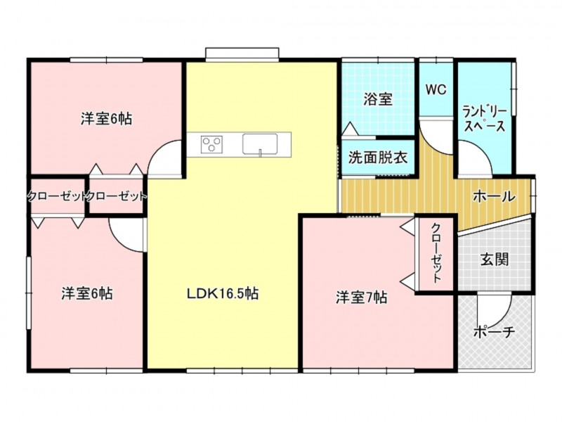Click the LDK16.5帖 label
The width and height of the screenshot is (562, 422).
(x=223, y=294)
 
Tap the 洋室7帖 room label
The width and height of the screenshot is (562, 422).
(x=361, y=298)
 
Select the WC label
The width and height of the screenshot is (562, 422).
(x=436, y=90)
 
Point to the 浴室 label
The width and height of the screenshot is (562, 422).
(x=378, y=99)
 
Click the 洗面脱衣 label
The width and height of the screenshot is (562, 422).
(x=378, y=157)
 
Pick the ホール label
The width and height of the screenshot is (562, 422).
(x=495, y=196)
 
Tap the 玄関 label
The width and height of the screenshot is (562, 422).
(x=495, y=259)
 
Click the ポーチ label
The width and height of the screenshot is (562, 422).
(x=495, y=332)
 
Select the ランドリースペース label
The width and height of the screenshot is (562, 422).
(x=485, y=119)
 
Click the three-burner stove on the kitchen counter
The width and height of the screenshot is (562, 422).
(x=212, y=145)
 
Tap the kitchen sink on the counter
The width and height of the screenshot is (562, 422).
(x=260, y=144)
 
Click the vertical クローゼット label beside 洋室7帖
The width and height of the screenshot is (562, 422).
(x=436, y=253)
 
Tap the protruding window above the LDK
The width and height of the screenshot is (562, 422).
(x=242, y=53)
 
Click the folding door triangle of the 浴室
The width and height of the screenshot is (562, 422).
(x=349, y=128)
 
